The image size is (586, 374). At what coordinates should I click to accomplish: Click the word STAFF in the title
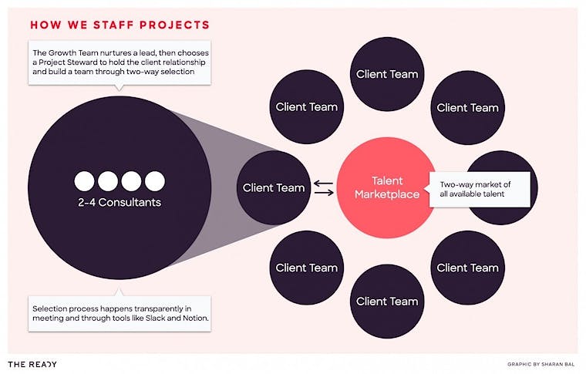point(113,25)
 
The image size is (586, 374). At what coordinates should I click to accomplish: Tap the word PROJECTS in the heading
point(174,25)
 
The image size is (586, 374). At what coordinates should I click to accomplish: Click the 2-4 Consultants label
point(120,203)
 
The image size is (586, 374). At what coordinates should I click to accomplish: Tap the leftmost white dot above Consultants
point(85,181)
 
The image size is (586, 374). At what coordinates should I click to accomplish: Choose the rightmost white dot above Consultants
point(155,181)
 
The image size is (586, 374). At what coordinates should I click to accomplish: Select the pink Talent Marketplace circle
point(387,187)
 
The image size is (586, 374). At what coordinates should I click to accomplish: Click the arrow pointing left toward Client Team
point(323,184)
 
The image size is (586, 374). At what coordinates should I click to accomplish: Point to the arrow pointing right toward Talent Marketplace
point(324,193)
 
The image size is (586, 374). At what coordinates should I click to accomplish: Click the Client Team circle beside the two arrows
point(274,187)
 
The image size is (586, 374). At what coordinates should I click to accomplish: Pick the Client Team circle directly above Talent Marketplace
point(387,74)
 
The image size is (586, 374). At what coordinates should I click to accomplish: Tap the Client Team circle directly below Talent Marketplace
point(387,302)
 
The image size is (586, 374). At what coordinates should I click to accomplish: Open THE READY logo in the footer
point(32,364)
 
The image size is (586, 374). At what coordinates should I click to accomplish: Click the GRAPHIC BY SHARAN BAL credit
point(541,364)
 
